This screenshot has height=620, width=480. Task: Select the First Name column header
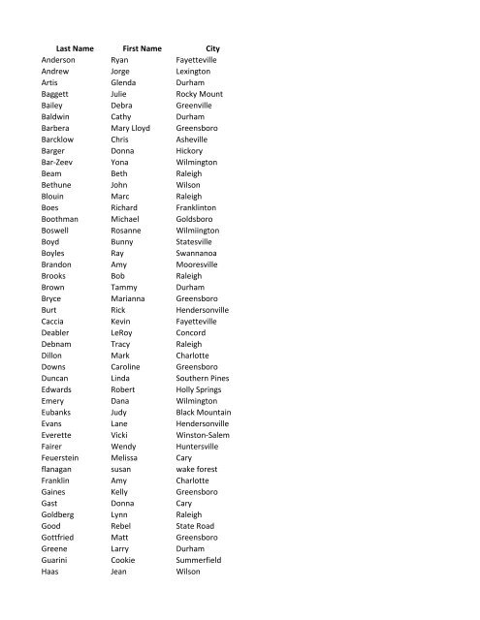pos(141,47)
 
